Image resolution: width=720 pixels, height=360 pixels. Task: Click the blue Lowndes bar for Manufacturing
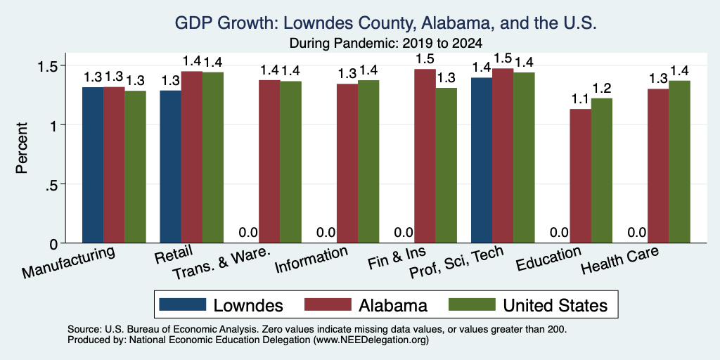pos(93,165)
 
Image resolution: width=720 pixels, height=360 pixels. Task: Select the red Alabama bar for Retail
pos(192,157)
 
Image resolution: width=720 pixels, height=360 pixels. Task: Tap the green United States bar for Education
pos(602,170)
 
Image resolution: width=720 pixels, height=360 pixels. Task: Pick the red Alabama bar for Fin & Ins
pos(425,156)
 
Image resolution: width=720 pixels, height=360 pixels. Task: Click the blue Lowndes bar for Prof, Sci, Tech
pos(482,160)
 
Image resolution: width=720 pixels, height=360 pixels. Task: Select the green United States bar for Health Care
pos(680,162)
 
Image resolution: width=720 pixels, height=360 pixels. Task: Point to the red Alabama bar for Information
pos(347,163)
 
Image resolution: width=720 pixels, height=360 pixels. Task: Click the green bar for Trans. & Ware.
pos(290,162)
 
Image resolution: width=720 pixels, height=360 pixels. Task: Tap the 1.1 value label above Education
pos(580,98)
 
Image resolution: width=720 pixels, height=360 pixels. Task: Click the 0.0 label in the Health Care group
pos(637,233)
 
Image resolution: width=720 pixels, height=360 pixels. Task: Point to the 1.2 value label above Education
pos(602,88)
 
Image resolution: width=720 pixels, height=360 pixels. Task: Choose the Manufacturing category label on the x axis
pos(68,262)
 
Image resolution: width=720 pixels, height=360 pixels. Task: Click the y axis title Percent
pos(22,148)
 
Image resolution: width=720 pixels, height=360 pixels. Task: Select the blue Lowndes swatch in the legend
pos(183,304)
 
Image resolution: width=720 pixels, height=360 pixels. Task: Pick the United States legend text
pos(555,305)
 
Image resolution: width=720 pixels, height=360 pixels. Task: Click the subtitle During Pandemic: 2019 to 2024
pos(386,44)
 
